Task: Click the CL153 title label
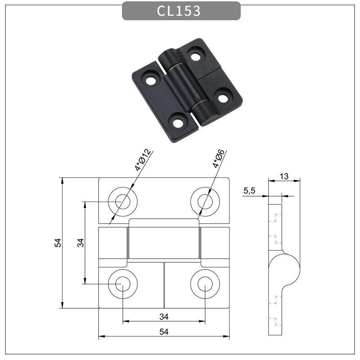[179, 11]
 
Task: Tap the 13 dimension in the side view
[283, 176]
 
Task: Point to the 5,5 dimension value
[249, 191]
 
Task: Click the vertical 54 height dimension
[58, 243]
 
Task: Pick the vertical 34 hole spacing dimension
[80, 243]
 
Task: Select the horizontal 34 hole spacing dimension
[164, 316]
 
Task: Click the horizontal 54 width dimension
[164, 332]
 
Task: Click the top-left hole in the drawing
[122, 200]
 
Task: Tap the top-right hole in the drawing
[205, 200]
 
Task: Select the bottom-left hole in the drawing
[122, 284]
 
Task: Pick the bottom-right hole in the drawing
[205, 284]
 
